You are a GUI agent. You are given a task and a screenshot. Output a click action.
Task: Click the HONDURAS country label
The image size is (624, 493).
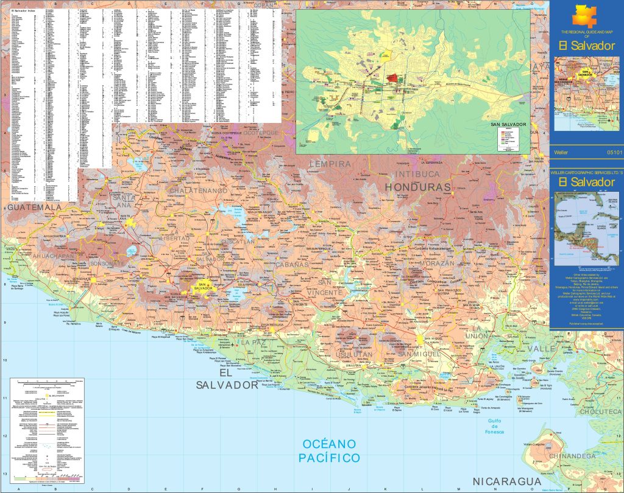point(417,187)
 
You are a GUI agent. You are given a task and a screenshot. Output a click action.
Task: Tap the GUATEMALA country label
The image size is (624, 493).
point(35,208)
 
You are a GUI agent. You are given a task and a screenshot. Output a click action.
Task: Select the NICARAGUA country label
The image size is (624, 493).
point(508,481)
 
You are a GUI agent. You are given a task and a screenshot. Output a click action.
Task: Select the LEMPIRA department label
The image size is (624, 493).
point(330,164)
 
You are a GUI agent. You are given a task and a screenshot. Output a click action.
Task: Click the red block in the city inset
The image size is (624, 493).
point(395,79)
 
